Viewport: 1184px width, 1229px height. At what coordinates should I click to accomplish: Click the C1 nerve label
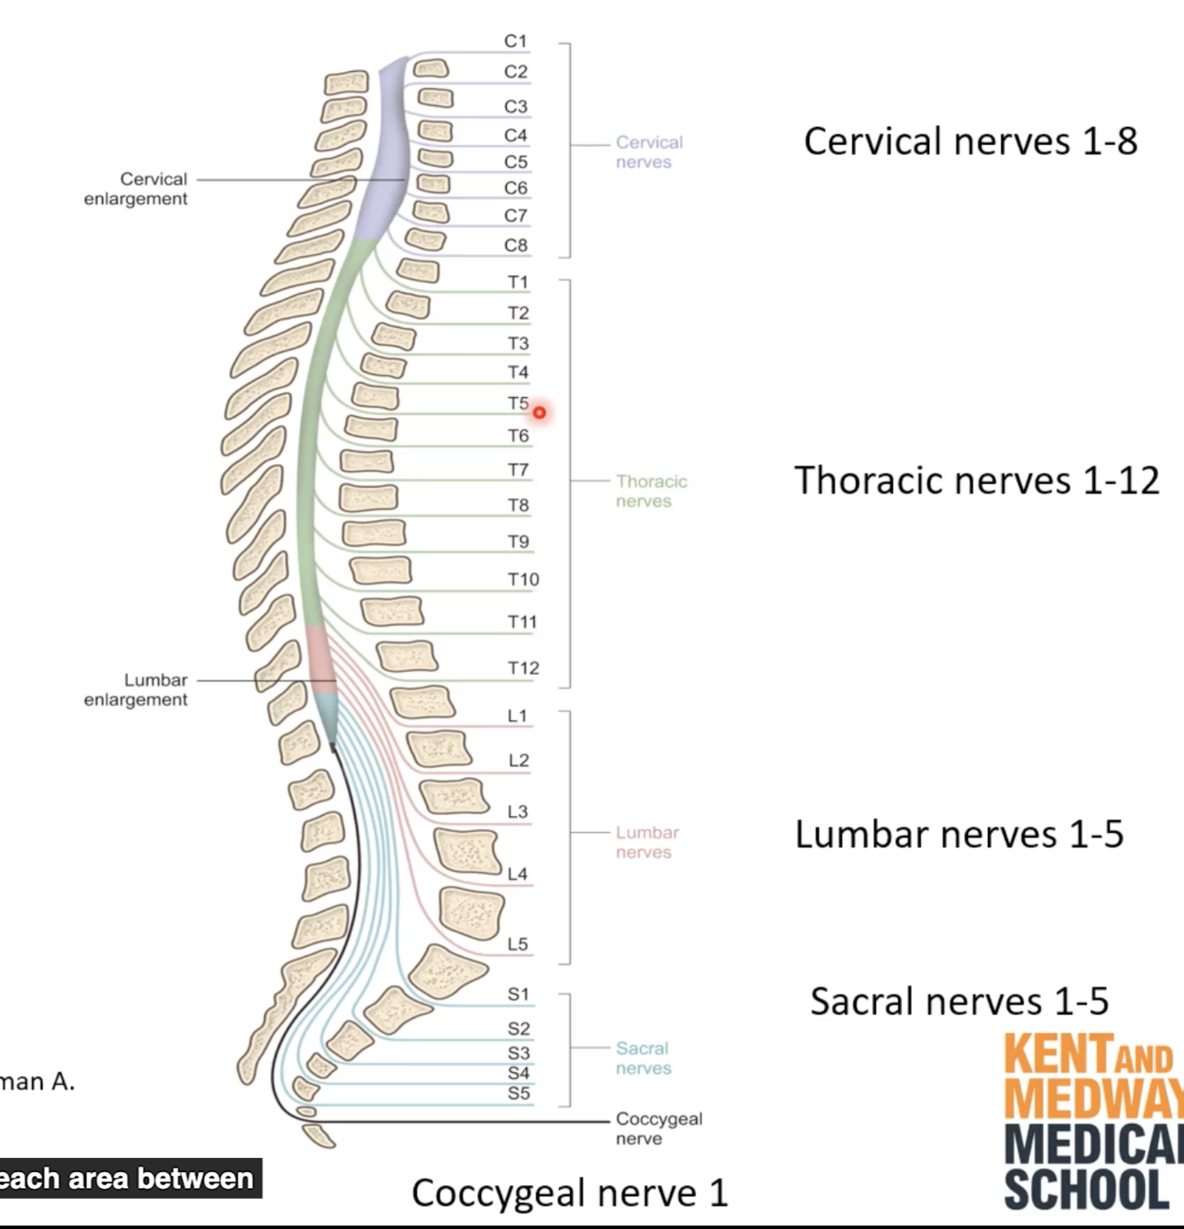pyautogui.click(x=516, y=41)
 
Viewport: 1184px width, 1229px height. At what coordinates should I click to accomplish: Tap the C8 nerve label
pyautogui.click(x=516, y=245)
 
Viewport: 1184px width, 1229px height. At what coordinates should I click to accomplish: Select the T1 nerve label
pyautogui.click(x=517, y=282)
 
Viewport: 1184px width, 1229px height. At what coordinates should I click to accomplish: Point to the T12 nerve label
pyautogui.click(x=523, y=668)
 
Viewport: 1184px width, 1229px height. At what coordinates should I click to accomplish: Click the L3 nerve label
pyautogui.click(x=517, y=812)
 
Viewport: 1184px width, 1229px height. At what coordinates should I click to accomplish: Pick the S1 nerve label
pyautogui.click(x=518, y=995)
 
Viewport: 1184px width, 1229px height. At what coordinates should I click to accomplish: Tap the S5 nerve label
pyautogui.click(x=518, y=1093)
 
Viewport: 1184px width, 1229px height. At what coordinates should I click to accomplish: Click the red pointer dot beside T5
pyautogui.click(x=540, y=413)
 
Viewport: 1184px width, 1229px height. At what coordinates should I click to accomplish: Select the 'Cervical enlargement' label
pyautogui.click(x=136, y=188)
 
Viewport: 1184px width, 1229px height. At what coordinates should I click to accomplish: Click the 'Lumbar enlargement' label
pyautogui.click(x=136, y=689)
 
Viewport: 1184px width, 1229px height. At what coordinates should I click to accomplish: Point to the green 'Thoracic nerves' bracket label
pyautogui.click(x=651, y=491)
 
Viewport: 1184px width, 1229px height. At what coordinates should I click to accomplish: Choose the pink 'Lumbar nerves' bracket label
pyautogui.click(x=647, y=842)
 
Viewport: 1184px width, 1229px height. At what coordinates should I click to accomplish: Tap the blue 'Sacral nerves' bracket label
pyautogui.click(x=643, y=1059)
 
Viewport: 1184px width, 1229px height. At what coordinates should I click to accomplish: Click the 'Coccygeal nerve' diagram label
pyautogui.click(x=659, y=1128)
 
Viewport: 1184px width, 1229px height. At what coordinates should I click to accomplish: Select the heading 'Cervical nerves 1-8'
pyautogui.click(x=970, y=142)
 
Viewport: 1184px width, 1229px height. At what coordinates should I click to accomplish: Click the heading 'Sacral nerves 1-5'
pyautogui.click(x=959, y=1002)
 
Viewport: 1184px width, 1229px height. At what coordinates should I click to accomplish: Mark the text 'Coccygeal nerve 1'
pyautogui.click(x=569, y=1193)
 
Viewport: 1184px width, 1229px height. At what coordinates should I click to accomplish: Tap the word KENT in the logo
pyautogui.click(x=1057, y=1055)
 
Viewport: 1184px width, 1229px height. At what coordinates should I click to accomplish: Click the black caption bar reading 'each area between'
pyautogui.click(x=130, y=1178)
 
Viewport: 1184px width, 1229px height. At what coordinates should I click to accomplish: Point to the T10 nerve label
pyautogui.click(x=523, y=580)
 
